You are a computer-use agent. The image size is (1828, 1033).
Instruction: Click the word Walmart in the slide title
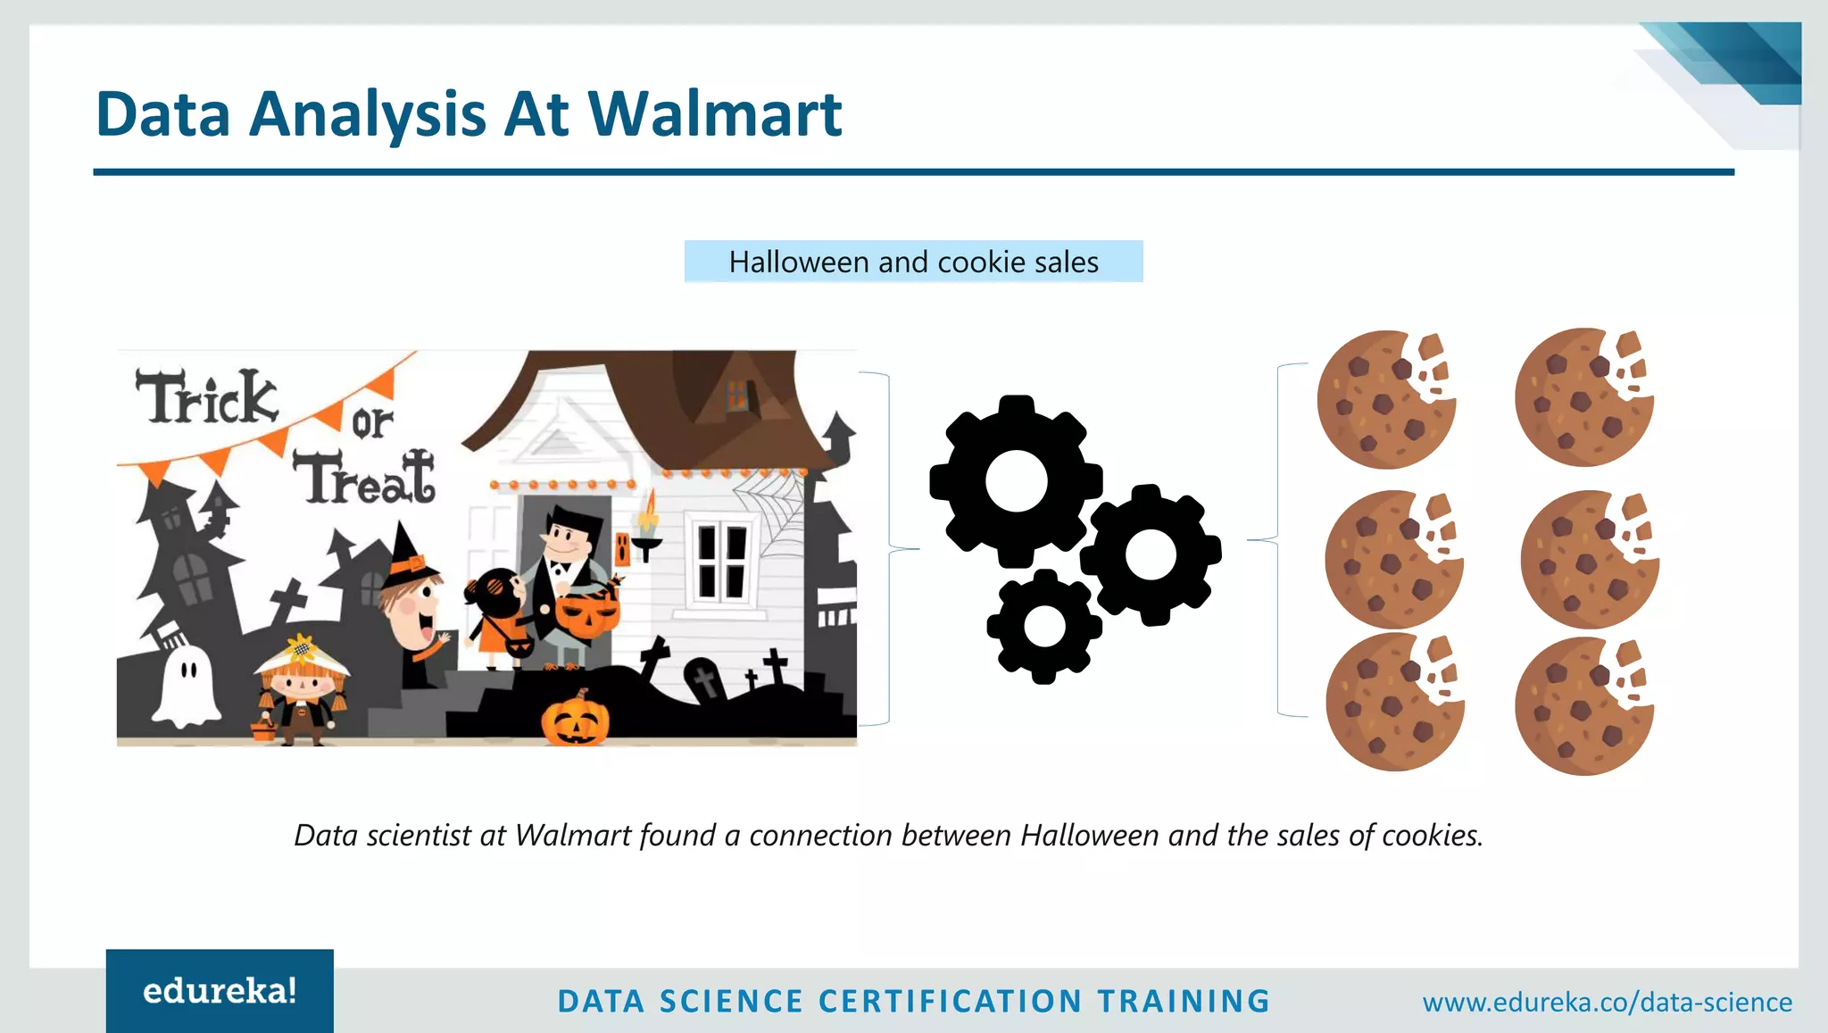(714, 114)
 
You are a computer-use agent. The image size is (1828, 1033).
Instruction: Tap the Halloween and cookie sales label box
(913, 262)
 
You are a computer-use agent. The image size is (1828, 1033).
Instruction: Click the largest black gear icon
(1016, 481)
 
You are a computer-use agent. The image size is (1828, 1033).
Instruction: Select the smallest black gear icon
(1044, 626)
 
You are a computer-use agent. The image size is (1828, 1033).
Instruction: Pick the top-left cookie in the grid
(1385, 399)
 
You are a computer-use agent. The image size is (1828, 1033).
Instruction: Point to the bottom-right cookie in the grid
(1583, 706)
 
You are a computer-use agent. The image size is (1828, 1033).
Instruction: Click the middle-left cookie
(1392, 560)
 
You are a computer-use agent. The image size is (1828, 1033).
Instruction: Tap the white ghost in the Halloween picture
(187, 686)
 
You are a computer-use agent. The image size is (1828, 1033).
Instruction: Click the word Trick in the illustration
(206, 397)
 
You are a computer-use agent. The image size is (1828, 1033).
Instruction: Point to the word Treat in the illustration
(364, 478)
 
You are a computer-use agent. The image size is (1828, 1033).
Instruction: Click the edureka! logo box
(220, 991)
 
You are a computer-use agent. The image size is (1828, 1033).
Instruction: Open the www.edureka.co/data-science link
(1607, 1002)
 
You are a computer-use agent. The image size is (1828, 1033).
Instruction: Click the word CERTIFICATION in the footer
(950, 1001)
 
